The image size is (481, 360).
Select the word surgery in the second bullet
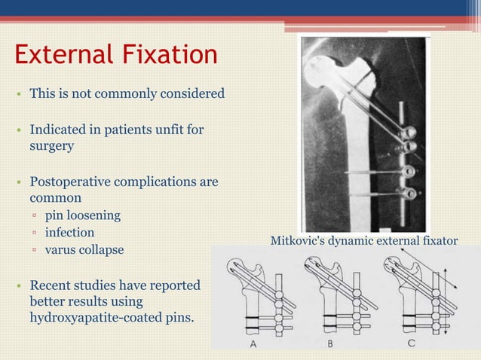pyautogui.click(x=51, y=146)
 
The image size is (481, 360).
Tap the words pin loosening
pyautogui.click(x=82, y=216)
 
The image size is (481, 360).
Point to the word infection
pyautogui.click(x=69, y=233)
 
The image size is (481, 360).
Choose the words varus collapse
pyautogui.click(x=84, y=250)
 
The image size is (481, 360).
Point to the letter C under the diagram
pyautogui.click(x=410, y=344)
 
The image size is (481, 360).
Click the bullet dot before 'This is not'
pyautogui.click(x=17, y=95)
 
